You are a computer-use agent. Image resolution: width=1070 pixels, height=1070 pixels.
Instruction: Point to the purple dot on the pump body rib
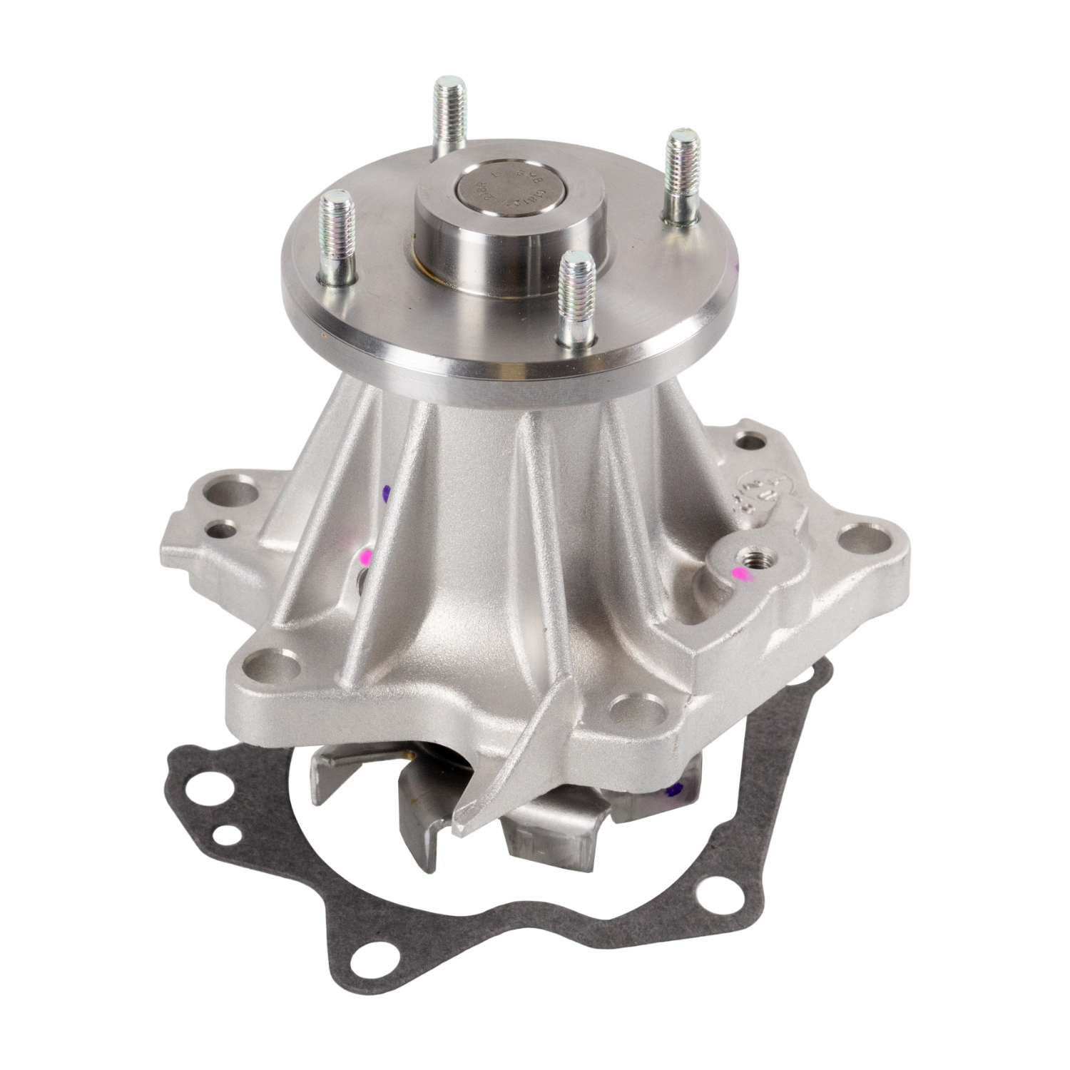[387, 492]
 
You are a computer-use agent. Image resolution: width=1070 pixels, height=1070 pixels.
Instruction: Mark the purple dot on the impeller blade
[676, 790]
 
